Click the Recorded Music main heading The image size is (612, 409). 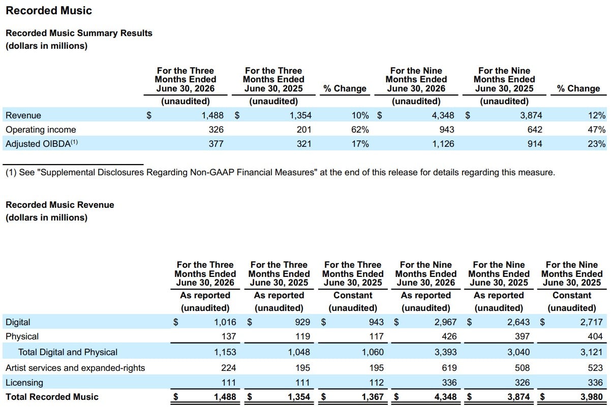coord(49,11)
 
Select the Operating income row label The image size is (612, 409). coord(41,130)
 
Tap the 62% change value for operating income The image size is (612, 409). coord(360,130)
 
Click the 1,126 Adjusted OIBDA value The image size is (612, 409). coord(443,144)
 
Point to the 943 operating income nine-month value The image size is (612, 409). coord(447,130)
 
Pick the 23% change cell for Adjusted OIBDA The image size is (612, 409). coord(596,144)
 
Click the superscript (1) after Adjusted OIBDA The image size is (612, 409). coord(74,142)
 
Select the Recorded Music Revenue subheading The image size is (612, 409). coord(60,205)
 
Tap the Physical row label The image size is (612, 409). coord(22,336)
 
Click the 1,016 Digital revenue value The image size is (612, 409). coord(225,322)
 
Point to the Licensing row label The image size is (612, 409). coord(24,383)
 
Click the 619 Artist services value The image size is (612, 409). coord(449,368)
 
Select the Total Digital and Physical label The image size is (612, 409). coord(68,352)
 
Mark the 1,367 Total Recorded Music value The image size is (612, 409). coord(373,397)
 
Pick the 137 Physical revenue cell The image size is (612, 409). coord(229,336)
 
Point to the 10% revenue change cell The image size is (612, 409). coord(360,115)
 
